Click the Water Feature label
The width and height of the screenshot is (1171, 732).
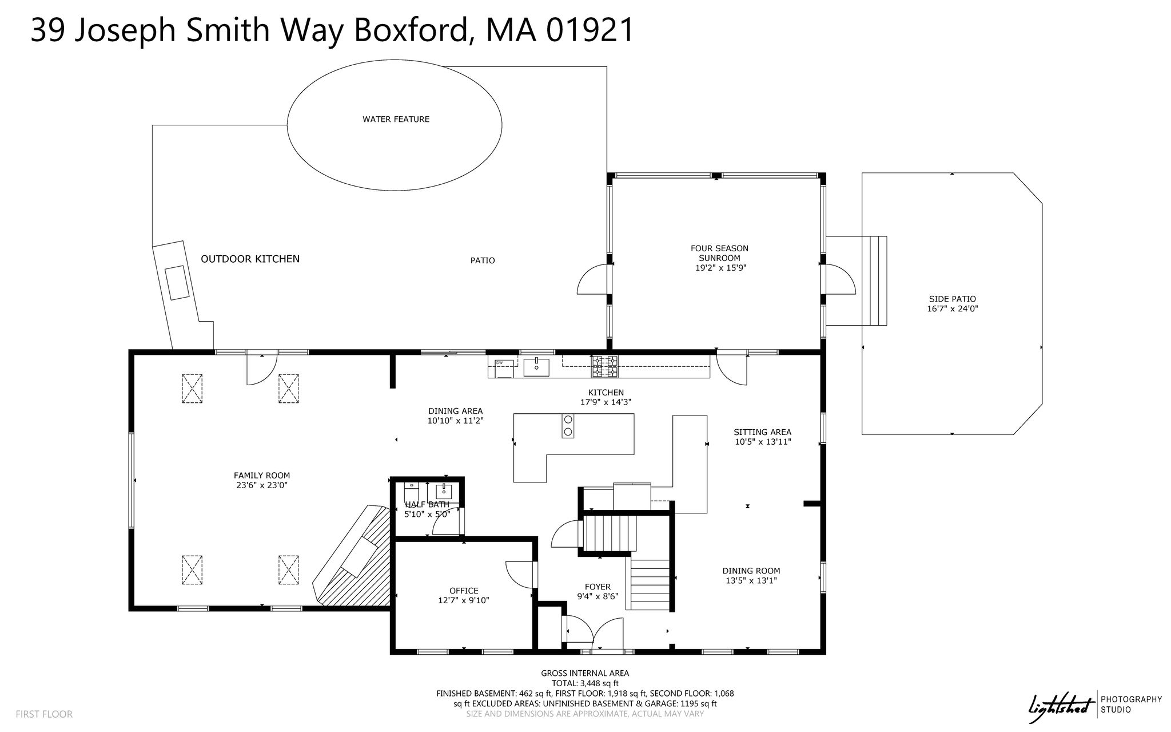click(x=396, y=120)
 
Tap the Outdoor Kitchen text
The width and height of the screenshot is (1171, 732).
click(x=250, y=259)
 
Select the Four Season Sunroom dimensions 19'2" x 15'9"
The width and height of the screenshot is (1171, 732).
click(x=719, y=267)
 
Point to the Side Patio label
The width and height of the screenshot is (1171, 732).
click(x=952, y=299)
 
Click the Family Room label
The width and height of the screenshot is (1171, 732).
click(x=262, y=476)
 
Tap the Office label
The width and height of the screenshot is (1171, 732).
click(x=464, y=591)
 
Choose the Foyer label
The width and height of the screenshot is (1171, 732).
click(x=598, y=587)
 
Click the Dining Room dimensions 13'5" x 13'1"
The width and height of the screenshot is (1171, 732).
click(x=751, y=580)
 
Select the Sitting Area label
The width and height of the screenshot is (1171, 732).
click(x=763, y=432)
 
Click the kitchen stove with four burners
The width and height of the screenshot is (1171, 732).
click(x=605, y=366)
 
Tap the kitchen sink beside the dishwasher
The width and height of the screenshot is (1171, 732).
click(x=536, y=366)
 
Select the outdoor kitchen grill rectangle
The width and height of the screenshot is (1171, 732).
click(x=177, y=283)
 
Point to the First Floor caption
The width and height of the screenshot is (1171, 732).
click(x=44, y=714)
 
